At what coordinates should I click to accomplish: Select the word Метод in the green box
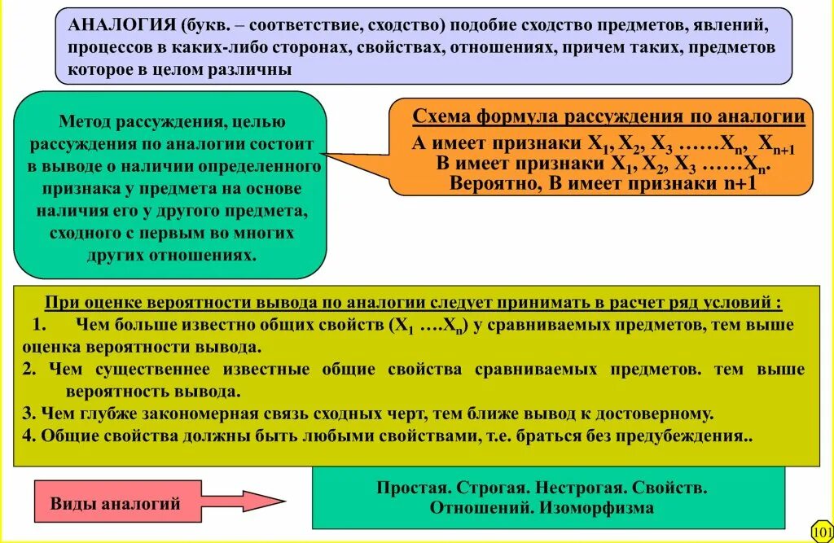coord(84,123)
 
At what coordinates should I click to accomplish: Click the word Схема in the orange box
coord(437,116)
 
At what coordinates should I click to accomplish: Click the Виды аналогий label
coord(116,503)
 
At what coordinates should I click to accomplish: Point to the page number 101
coord(822,530)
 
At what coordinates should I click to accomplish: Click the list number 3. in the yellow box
coord(29,413)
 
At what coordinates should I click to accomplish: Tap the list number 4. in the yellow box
coord(29,436)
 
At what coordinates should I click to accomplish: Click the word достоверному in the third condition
coord(656,413)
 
